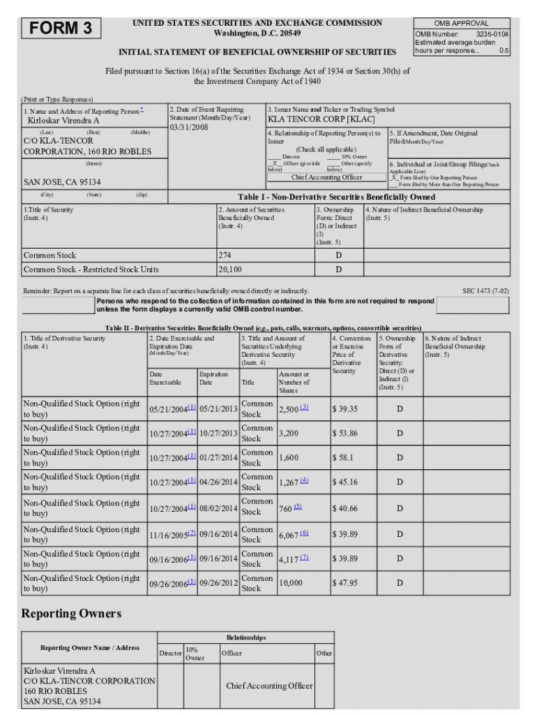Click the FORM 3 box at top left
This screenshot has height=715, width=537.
(61, 29)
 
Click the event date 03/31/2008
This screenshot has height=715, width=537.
(190, 127)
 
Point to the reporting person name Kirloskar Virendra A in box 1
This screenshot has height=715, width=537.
(63, 121)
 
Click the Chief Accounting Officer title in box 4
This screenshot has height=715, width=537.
(326, 177)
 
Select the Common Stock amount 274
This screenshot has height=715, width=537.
(225, 256)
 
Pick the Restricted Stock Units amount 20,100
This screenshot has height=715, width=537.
(230, 270)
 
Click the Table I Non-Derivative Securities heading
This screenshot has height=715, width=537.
(337, 197)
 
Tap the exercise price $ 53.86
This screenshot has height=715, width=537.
(345, 434)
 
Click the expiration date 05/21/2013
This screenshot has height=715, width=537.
(218, 409)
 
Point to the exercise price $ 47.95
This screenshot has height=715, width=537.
(345, 583)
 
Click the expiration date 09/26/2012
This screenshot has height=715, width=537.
(218, 583)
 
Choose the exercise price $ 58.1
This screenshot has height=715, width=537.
(342, 458)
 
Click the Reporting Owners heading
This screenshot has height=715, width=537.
(71, 614)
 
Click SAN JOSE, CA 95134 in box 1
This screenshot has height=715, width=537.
(57, 182)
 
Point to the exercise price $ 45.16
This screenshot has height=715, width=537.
(345, 482)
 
